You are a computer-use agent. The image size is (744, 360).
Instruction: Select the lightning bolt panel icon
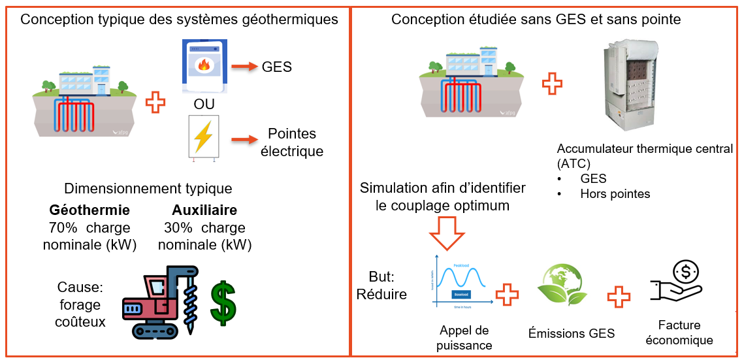tap(203, 137)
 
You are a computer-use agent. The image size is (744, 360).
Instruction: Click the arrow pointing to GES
tap(244, 66)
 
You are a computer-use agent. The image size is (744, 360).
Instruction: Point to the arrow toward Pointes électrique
tap(244, 140)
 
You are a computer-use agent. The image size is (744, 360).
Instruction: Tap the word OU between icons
tap(204, 105)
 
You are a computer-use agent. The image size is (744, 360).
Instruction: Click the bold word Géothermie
tap(89, 210)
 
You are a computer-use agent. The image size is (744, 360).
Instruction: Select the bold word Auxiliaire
tap(204, 210)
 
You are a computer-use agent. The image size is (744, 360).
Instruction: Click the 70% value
tap(63, 228)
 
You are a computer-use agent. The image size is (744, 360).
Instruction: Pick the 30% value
tap(178, 228)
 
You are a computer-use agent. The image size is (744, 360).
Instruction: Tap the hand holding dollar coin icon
tap(676, 282)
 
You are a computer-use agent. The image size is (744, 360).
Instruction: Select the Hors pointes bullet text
tap(615, 193)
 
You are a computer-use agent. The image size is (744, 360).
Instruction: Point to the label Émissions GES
tap(571, 333)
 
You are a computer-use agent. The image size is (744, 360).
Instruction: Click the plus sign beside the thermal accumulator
tap(553, 83)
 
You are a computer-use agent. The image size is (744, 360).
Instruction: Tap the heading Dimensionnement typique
tap(148, 189)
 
